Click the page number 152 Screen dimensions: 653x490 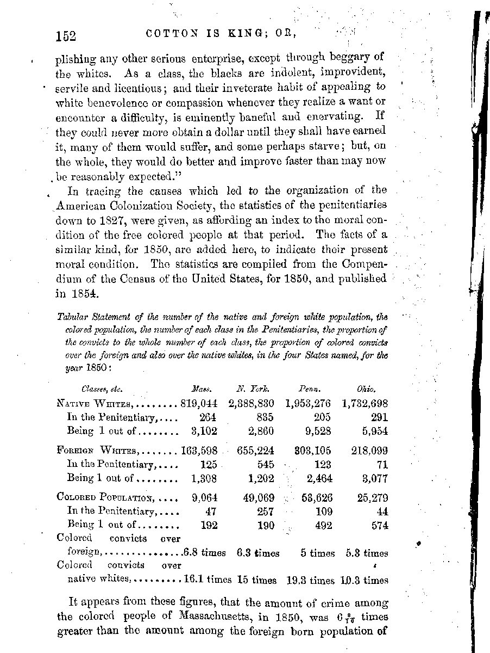(65, 36)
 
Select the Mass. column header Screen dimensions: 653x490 (201, 389)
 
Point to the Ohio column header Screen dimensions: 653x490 (366, 389)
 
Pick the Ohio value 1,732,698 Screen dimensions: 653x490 (365, 403)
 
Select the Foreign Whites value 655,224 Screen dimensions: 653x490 (255, 451)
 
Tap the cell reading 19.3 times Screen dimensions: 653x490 (310, 581)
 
